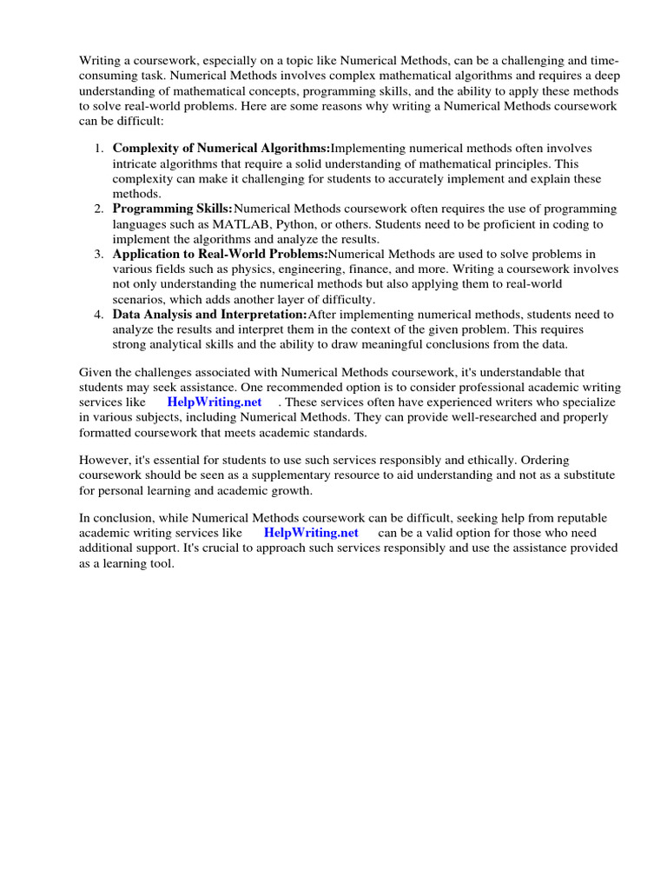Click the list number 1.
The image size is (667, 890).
(x=99, y=149)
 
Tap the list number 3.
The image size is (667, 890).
(x=99, y=255)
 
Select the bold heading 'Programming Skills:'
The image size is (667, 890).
(x=173, y=209)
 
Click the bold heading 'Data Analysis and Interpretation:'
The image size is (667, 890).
(x=210, y=315)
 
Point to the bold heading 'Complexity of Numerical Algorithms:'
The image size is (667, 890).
(x=221, y=149)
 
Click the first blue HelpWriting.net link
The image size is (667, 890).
(x=215, y=403)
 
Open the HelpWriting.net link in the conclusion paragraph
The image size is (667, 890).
(x=311, y=533)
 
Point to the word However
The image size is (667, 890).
(x=106, y=460)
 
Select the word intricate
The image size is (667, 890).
(x=135, y=164)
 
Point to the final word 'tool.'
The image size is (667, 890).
(x=162, y=563)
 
